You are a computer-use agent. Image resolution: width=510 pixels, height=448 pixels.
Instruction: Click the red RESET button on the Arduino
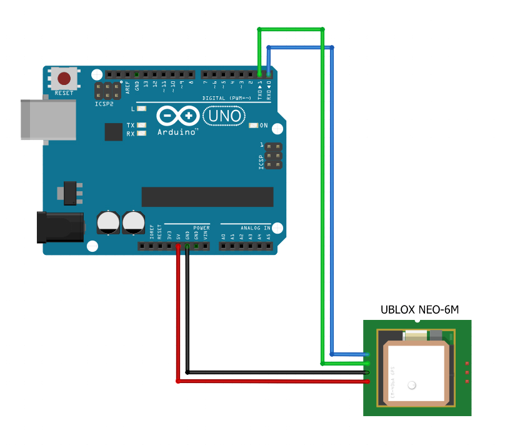(64, 79)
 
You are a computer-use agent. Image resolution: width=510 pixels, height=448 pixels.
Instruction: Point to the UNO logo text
(223, 116)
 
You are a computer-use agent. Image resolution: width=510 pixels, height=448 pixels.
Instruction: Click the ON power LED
(253, 126)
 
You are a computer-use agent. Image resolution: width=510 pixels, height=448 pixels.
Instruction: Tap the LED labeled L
(141, 109)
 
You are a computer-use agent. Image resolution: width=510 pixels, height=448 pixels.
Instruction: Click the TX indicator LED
(141, 125)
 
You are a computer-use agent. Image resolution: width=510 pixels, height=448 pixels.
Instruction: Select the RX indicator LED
(141, 133)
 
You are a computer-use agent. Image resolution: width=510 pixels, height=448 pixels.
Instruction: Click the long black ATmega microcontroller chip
(207, 197)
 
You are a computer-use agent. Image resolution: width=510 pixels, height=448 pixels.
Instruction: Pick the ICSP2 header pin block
(108, 90)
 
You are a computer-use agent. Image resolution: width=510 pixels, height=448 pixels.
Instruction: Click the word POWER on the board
(201, 227)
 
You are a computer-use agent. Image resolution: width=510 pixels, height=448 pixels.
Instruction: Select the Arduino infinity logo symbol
(178, 116)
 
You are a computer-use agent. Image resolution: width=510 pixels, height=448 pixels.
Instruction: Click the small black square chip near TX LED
(114, 132)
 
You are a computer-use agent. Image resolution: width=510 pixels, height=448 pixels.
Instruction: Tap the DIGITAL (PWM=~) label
(227, 98)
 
